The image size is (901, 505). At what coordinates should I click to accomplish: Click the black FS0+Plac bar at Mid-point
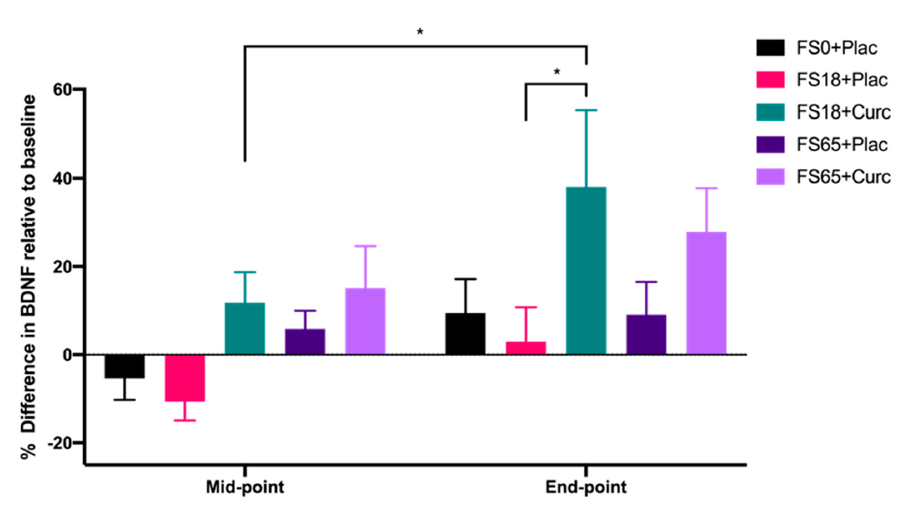pos(124,366)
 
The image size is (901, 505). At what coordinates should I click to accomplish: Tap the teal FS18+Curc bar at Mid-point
pos(244,328)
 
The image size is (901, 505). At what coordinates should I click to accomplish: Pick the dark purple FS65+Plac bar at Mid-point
pos(304,341)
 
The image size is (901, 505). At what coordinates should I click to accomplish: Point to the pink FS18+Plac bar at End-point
pos(526,348)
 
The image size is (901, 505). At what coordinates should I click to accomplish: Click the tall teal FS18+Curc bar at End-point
pos(586,270)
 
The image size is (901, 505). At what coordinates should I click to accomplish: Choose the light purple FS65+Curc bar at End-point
pos(706,293)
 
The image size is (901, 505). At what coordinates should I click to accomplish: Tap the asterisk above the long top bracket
pos(420,33)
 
